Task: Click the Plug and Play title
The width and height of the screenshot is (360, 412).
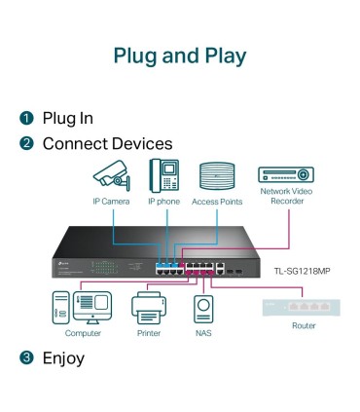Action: pyautogui.click(x=180, y=56)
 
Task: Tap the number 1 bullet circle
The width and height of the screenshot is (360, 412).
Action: pyautogui.click(x=27, y=119)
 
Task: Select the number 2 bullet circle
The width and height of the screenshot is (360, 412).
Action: pyautogui.click(x=27, y=144)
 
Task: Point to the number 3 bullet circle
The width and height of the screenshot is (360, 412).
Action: pyautogui.click(x=27, y=358)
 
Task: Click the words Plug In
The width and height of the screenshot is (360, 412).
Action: pyautogui.click(x=67, y=119)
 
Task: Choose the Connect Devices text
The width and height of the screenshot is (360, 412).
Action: pyautogui.click(x=107, y=144)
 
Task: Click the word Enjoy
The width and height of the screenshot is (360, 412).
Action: pyautogui.click(x=63, y=358)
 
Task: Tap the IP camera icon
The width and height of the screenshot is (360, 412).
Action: pyautogui.click(x=111, y=176)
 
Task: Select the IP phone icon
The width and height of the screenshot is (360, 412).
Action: pyautogui.click(x=163, y=175)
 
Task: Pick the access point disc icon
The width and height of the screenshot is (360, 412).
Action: pyautogui.click(x=217, y=176)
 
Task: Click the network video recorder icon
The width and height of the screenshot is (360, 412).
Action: pyautogui.click(x=285, y=175)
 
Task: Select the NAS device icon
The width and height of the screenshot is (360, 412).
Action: pyautogui.click(x=203, y=310)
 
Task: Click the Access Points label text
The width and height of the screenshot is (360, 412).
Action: pyautogui.click(x=217, y=203)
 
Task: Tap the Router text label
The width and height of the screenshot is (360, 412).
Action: pyautogui.click(x=304, y=325)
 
